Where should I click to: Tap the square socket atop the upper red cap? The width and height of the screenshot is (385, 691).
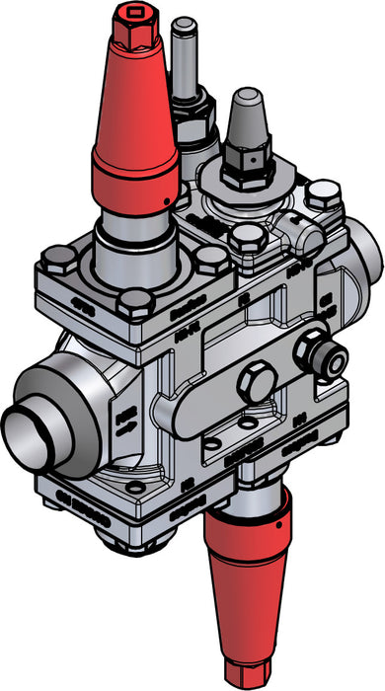(129, 15)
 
